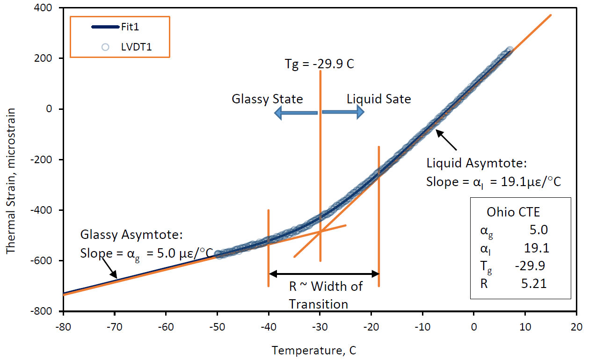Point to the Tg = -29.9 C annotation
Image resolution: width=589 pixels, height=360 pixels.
320,63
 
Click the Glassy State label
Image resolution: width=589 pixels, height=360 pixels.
267,99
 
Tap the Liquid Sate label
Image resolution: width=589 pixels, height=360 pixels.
378,99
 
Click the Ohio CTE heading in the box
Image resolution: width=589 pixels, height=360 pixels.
513,212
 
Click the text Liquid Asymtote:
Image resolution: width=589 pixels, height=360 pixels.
477,163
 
